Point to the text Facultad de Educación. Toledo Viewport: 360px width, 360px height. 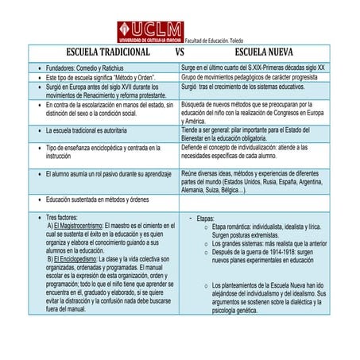(x=217, y=40)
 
